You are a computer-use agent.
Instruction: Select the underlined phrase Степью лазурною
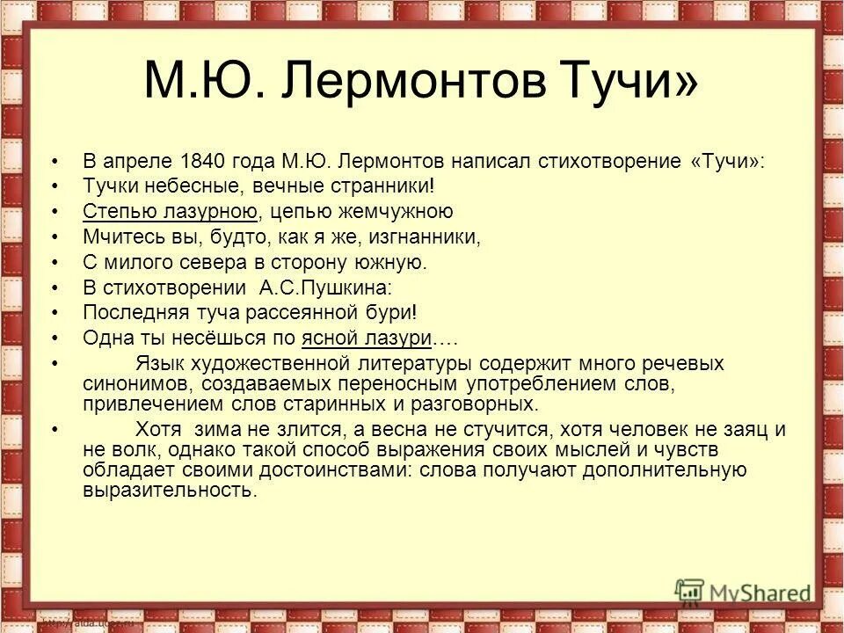(x=170, y=212)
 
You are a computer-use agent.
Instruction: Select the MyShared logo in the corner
(x=743, y=591)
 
